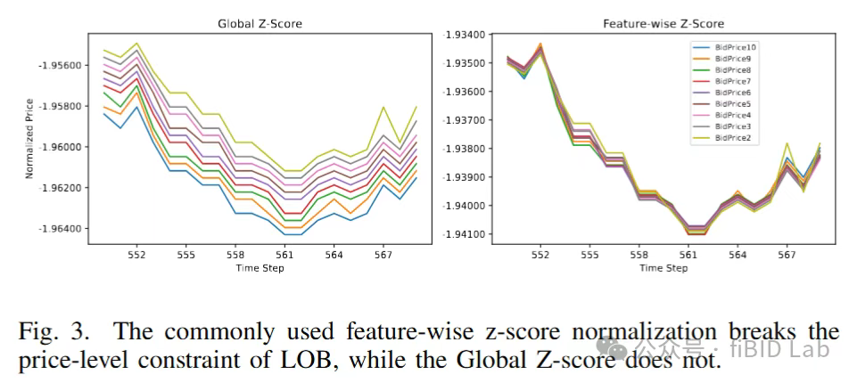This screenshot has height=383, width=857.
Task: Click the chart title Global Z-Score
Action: click(260, 23)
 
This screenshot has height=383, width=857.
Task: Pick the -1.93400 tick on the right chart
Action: click(465, 35)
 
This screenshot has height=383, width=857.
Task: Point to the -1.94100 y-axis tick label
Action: click(465, 234)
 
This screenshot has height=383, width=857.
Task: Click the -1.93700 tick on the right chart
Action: click(465, 120)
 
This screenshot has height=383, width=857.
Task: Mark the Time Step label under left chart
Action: click(260, 268)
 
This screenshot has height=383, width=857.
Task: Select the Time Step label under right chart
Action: click(664, 268)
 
